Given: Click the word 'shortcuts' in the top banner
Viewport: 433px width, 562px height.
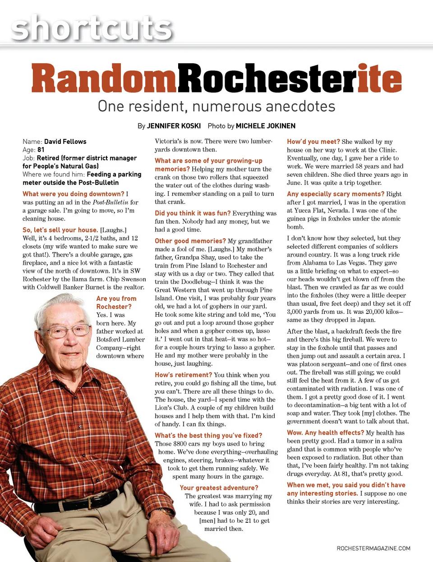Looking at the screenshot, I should pyautogui.click(x=92, y=28).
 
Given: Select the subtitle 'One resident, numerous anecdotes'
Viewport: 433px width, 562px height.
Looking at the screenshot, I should pyautogui.click(x=216, y=106).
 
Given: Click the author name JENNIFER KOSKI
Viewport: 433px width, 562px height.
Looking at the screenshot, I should pyautogui.click(x=174, y=126).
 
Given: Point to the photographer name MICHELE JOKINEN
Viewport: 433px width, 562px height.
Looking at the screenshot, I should pyautogui.click(x=265, y=126).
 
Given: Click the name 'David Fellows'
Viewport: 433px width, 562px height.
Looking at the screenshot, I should pyautogui.click(x=65, y=142).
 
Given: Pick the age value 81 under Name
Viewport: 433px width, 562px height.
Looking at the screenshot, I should pyautogui.click(x=41, y=150).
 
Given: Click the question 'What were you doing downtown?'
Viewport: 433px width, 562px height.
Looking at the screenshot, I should pyautogui.click(x=73, y=194).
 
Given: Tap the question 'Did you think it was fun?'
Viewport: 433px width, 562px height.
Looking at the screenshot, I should pyautogui.click(x=193, y=213).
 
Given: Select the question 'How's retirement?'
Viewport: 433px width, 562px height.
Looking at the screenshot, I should pyautogui.click(x=183, y=375).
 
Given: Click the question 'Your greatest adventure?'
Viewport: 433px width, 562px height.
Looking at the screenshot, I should pyautogui.click(x=219, y=488).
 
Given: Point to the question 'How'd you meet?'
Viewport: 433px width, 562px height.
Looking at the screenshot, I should pyautogui.click(x=313, y=142).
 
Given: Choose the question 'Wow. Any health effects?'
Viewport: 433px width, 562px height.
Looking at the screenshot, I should pyautogui.click(x=325, y=433).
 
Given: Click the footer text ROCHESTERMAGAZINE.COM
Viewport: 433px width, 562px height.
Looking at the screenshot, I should pyautogui.click(x=373, y=548).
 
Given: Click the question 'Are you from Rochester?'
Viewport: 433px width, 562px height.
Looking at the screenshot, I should pyautogui.click(x=116, y=303).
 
